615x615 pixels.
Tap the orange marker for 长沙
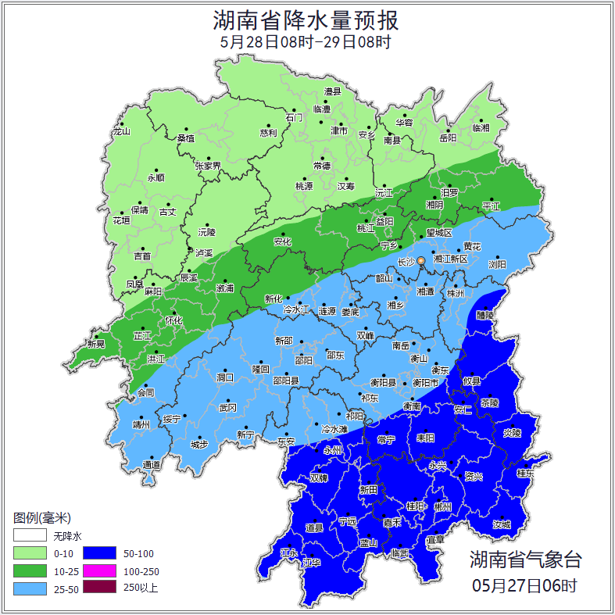421,260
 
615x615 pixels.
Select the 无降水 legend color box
30,536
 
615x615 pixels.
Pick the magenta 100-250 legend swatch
99,570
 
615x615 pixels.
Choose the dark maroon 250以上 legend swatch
99,588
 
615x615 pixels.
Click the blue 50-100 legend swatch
99,553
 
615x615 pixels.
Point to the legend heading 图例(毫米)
42,518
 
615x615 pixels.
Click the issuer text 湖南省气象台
525,560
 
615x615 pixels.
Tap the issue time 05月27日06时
525,585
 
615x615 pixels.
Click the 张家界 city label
208,166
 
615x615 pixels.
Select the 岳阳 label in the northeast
447,138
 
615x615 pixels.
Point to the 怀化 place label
173,320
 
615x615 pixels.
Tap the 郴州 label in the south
442,506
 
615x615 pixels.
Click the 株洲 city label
455,293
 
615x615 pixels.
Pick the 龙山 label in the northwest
121,131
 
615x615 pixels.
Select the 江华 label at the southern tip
312,562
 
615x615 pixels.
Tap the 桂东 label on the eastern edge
525,473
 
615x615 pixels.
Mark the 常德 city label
321,166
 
